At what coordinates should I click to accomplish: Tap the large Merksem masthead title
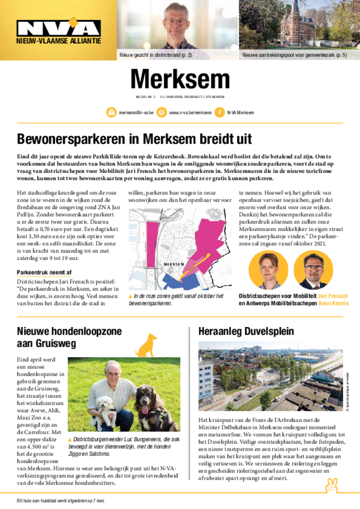tap(180, 79)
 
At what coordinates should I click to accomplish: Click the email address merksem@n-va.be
tap(136, 113)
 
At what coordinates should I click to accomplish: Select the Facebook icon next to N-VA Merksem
tap(219, 113)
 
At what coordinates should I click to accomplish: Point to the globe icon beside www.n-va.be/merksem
tap(162, 113)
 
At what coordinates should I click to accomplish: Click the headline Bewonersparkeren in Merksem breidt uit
tap(134, 138)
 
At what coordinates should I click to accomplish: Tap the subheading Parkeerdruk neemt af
tap(44, 272)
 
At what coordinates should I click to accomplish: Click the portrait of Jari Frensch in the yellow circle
tap(268, 269)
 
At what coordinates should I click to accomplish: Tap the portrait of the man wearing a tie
tap(313, 269)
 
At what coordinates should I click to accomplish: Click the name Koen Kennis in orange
tap(334, 303)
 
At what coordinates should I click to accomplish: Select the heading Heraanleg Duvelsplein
tap(246, 332)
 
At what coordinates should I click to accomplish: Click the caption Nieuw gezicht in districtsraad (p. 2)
tap(156, 55)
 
